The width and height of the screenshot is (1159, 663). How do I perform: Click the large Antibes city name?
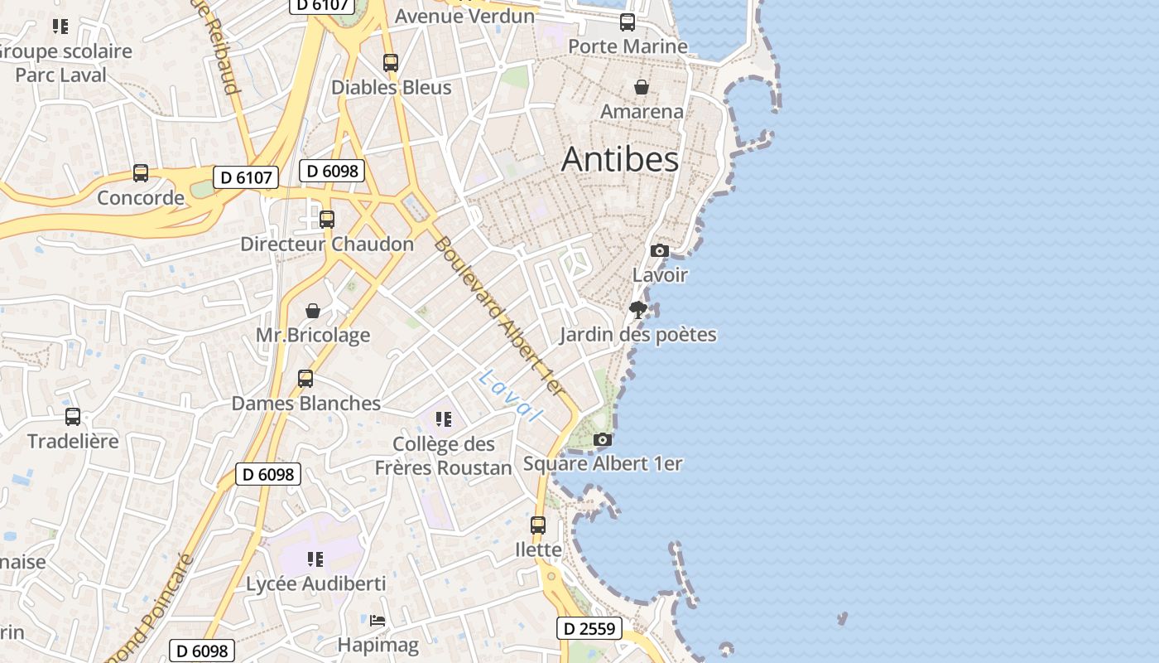(620, 159)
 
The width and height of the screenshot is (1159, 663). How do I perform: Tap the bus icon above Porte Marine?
(628, 22)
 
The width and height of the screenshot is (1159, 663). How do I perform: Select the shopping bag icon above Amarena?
(641, 87)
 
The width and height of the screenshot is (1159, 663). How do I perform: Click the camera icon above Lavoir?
(659, 250)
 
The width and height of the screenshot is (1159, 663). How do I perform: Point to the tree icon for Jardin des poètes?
(637, 311)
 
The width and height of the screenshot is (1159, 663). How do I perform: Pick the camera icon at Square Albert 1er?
(603, 439)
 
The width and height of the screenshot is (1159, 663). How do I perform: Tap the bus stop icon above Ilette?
(538, 525)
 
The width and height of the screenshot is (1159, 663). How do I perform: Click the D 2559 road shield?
(589, 629)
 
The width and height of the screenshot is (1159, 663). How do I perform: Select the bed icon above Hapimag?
(378, 620)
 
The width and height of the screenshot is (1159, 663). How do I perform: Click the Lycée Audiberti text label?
(316, 583)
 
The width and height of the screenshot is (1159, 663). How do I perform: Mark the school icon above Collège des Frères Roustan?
(443, 419)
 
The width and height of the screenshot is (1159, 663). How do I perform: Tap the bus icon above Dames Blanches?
(305, 379)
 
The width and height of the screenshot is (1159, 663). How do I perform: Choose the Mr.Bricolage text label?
(313, 336)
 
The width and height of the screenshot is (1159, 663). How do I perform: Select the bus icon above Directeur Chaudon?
(327, 220)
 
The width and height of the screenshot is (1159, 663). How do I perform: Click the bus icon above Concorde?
(141, 173)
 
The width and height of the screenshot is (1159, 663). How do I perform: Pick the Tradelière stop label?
(73, 441)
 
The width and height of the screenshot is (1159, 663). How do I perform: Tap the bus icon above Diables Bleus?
(391, 63)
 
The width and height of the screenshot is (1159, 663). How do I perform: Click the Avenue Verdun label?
(464, 16)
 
